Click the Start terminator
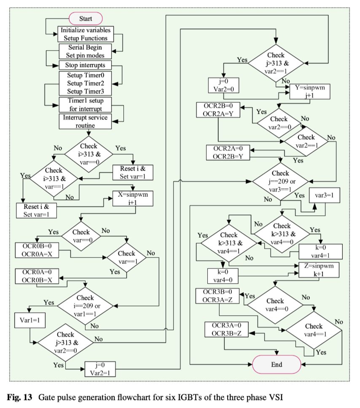pos(86,19)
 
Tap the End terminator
pos(277,364)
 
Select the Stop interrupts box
pos(86,65)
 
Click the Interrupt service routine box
pos(86,121)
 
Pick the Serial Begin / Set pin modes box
pos(86,51)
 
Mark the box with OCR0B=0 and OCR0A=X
pos(37,250)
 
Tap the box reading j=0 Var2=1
pos(100,368)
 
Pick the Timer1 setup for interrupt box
pos(86,105)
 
